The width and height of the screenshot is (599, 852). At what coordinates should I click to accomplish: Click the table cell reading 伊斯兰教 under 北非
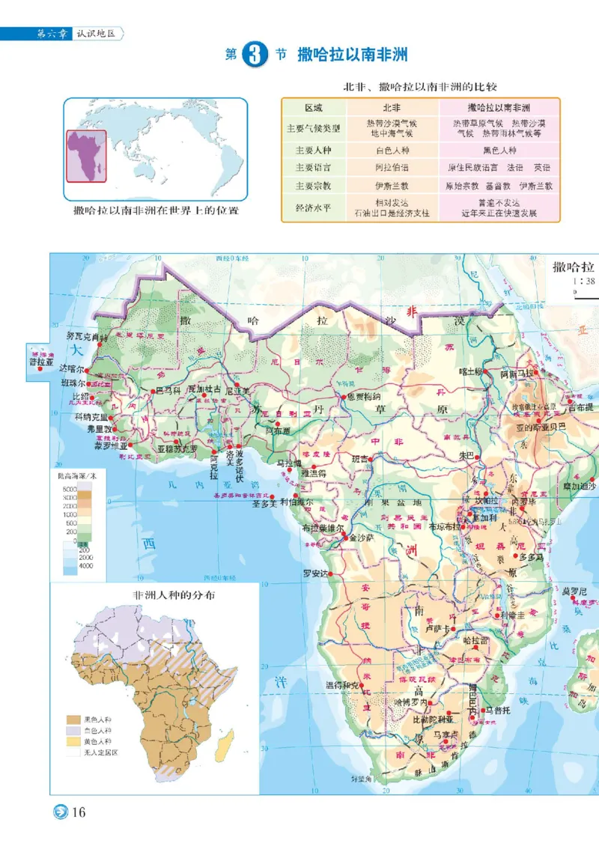click(x=392, y=185)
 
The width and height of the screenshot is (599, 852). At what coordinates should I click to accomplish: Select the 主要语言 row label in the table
click(x=314, y=167)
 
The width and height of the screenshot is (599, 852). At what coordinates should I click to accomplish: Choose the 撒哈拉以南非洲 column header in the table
click(x=498, y=108)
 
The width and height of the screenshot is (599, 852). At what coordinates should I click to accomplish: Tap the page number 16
click(x=80, y=812)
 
